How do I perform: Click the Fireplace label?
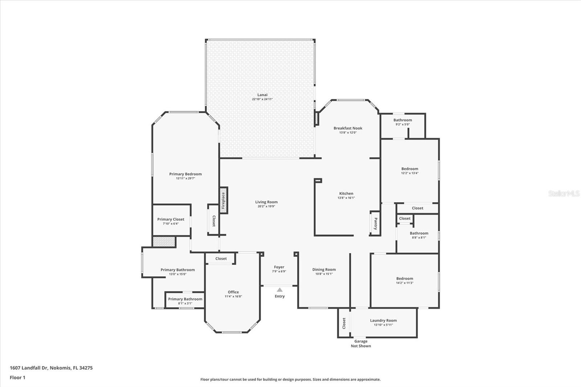pyautogui.click(x=223, y=200)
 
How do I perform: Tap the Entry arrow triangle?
pyautogui.click(x=280, y=290)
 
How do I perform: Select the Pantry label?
pyautogui.click(x=375, y=224)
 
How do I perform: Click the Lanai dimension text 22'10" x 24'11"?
pyautogui.click(x=262, y=99)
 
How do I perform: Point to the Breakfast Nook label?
pyautogui.click(x=348, y=128)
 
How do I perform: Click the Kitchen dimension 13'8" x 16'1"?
pyautogui.click(x=346, y=197)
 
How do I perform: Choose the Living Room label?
pyautogui.click(x=267, y=202)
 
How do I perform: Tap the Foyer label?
pyautogui.click(x=279, y=267)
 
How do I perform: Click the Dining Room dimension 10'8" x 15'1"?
pyautogui.click(x=324, y=274)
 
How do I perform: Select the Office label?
pyautogui.click(x=233, y=292)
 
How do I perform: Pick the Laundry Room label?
pyautogui.click(x=383, y=320)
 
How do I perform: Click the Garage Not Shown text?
pyautogui.click(x=361, y=343)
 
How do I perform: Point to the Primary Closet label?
pyautogui.click(x=171, y=219)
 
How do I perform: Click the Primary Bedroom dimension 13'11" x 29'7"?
pyautogui.click(x=186, y=178)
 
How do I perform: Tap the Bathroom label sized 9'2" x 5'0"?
pyautogui.click(x=403, y=120)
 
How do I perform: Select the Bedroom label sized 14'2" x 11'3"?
pyautogui.click(x=405, y=278)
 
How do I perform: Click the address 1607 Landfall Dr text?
pyautogui.click(x=29, y=368)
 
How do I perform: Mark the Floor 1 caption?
pyautogui.click(x=18, y=378)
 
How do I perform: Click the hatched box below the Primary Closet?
pyautogui.click(x=164, y=241)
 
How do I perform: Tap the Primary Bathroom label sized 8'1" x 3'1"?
pyautogui.click(x=185, y=299)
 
